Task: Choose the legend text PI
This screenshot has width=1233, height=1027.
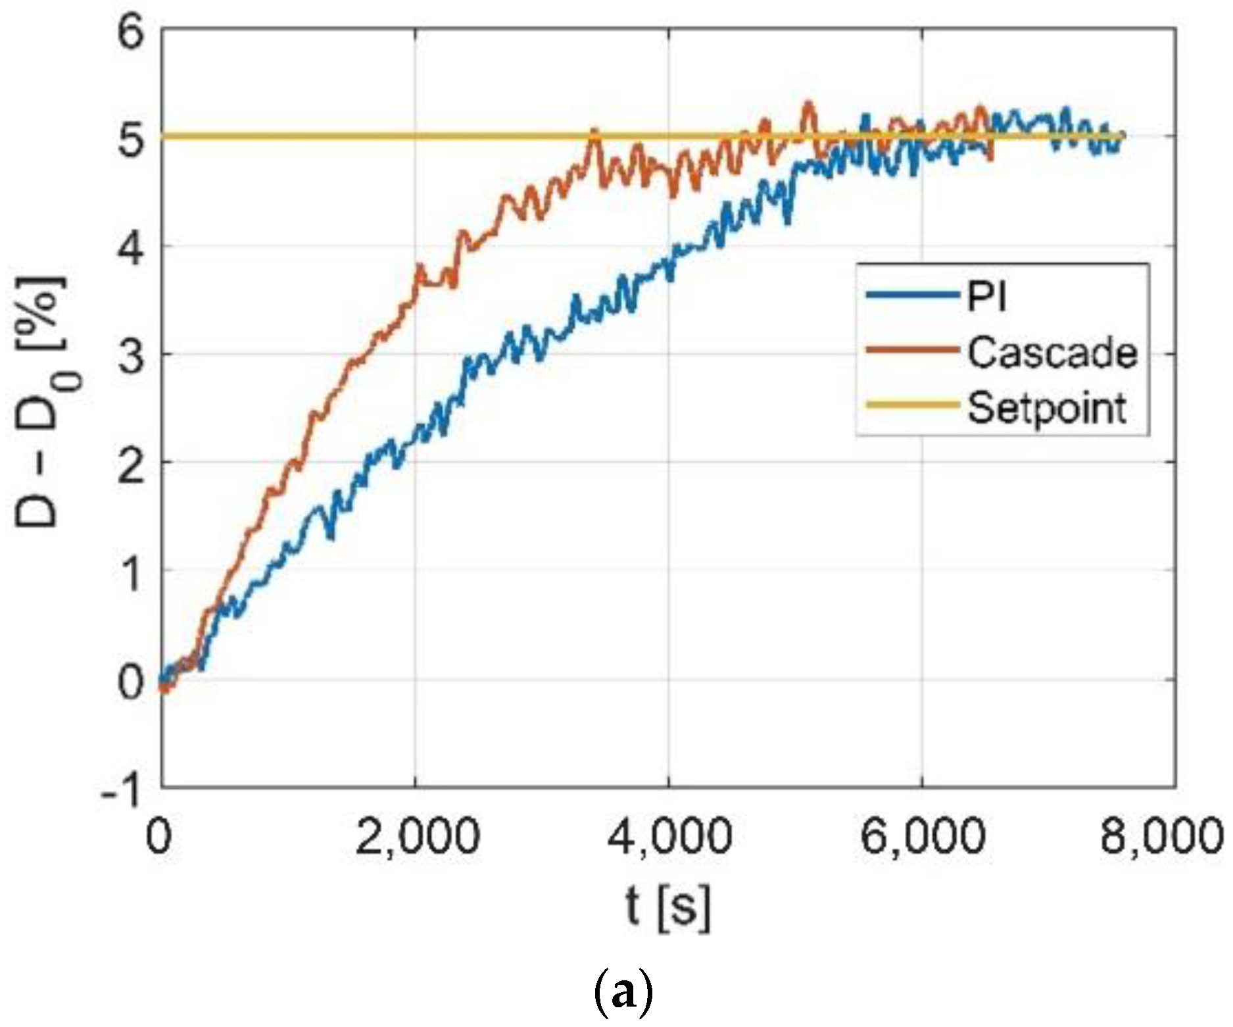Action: (x=986, y=297)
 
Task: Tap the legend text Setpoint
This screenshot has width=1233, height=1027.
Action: (x=1047, y=407)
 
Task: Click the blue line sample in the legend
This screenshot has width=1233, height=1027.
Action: (x=911, y=295)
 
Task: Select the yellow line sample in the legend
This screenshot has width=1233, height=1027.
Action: (x=911, y=405)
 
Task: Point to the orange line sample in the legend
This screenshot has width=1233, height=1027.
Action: (x=911, y=350)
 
